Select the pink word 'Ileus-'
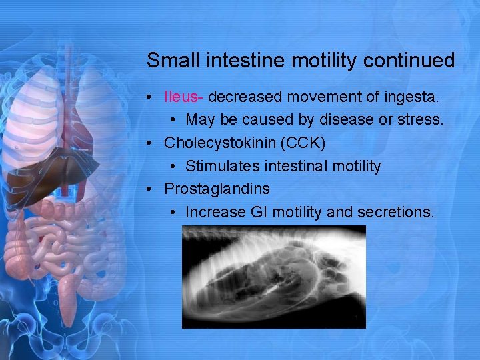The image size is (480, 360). [x=183, y=97]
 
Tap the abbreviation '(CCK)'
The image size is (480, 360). [x=302, y=143]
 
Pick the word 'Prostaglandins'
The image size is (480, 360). [x=217, y=189]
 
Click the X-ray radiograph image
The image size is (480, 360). [x=273, y=277]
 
